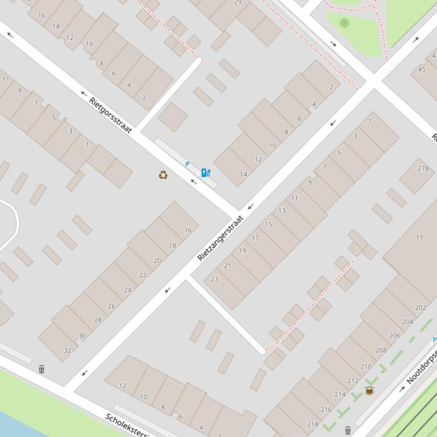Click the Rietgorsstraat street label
coord(111,115)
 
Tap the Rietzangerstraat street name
coord(220,238)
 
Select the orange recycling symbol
coord(163,175)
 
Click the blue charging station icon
coord(206,173)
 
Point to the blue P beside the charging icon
coord(188,165)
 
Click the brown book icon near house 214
coord(369,390)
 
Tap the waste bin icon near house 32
coord(41,369)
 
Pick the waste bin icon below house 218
coord(348,431)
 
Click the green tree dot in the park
coord(344,23)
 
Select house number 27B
coord(423,168)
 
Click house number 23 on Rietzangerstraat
coord(214,279)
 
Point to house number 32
coord(68,350)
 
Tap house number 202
coord(421,308)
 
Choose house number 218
coord(313,423)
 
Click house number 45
coord(422,69)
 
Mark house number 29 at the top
coord(238,2)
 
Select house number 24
coord(127,290)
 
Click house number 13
coord(282,211)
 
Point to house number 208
coord(381,350)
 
